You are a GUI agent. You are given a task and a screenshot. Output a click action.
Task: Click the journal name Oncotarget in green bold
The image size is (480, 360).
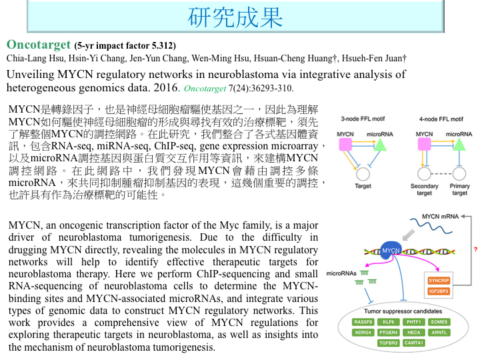[x=38, y=45]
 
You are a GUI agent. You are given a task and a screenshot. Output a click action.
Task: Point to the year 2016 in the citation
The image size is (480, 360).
[x=165, y=87]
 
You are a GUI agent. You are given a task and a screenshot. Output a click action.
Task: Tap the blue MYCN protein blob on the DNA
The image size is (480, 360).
[x=391, y=250]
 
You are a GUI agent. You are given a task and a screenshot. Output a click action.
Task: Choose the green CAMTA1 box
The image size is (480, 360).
[x=415, y=342]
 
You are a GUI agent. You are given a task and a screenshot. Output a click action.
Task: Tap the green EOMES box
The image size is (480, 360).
[x=439, y=322]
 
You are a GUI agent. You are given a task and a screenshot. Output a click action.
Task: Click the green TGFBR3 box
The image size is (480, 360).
[x=389, y=342]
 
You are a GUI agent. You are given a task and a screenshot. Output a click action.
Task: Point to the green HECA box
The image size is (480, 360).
[x=414, y=332]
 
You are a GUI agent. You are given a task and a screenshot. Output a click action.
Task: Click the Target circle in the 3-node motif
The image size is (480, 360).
[x=363, y=174]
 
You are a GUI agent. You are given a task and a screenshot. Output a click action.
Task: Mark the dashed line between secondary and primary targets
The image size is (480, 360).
[x=442, y=173]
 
